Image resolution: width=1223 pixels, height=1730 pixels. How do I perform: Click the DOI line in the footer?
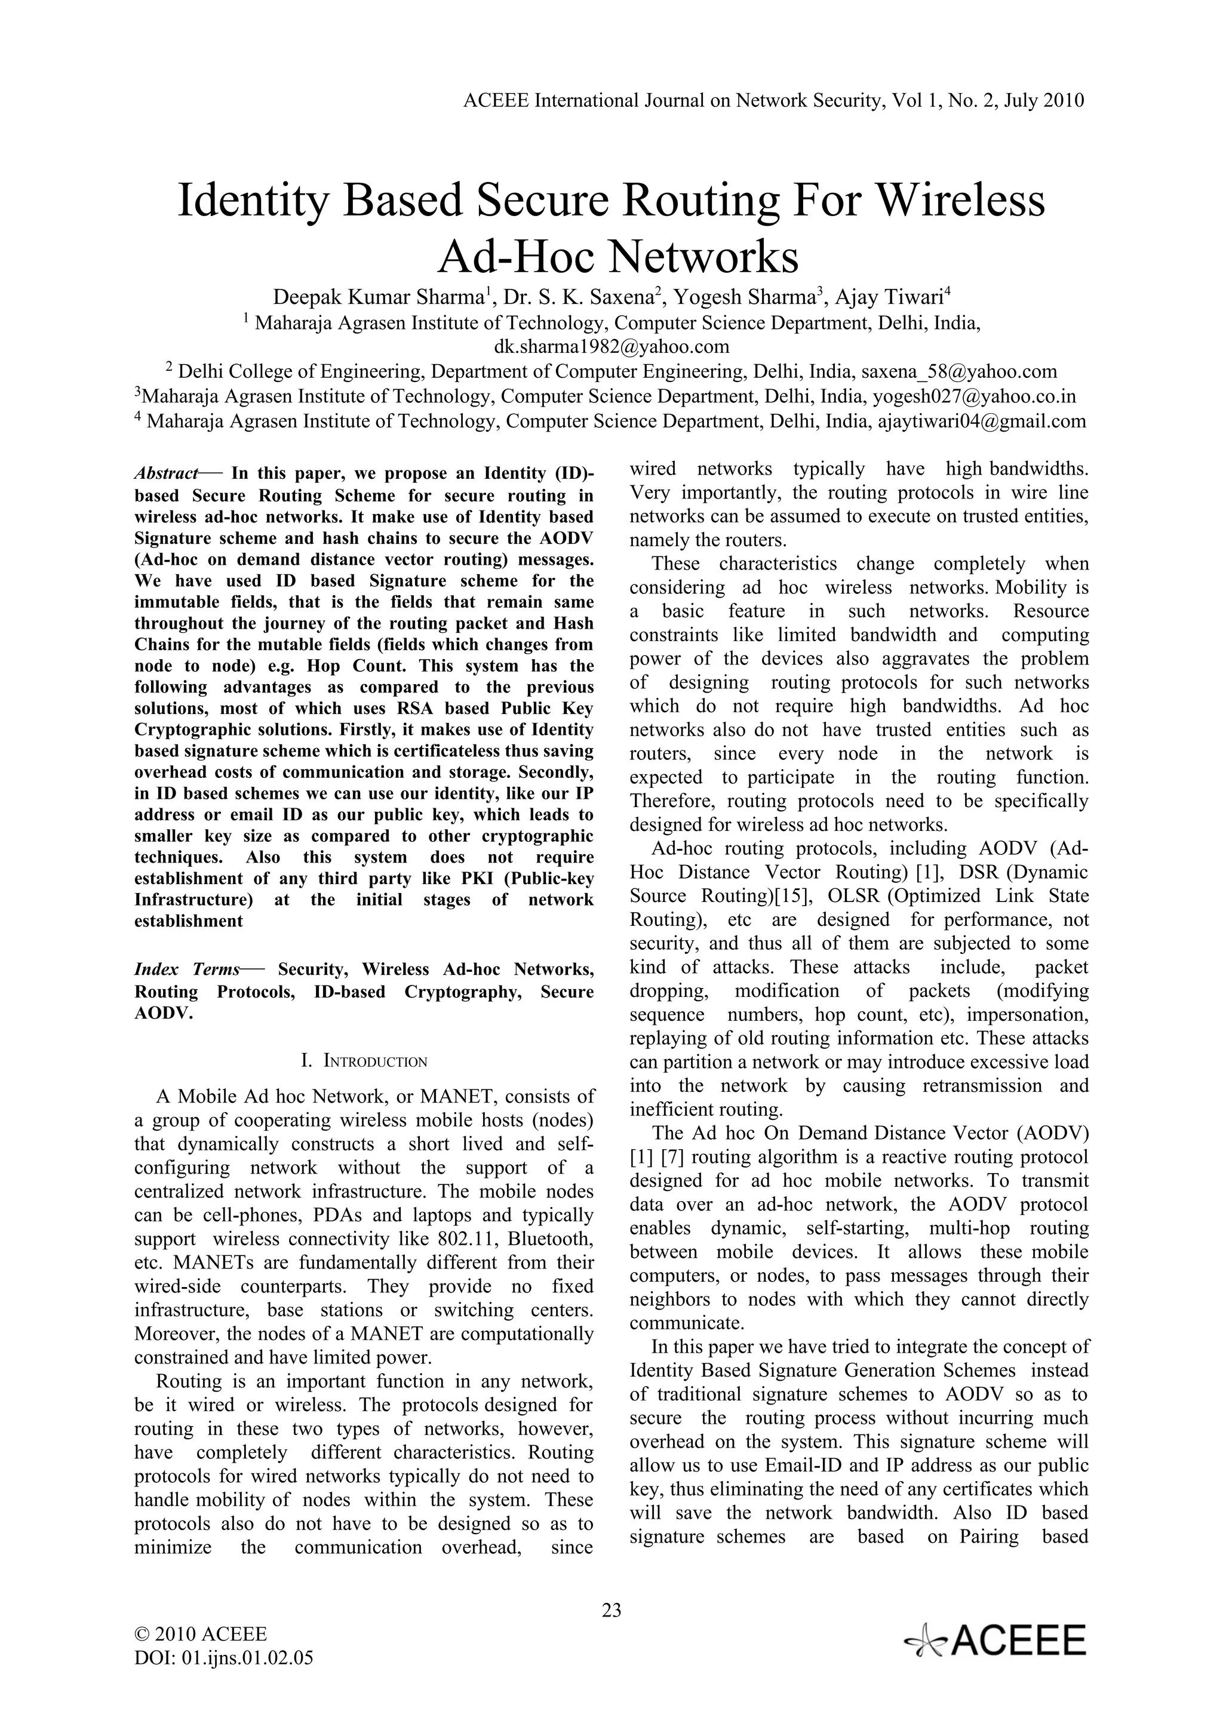coord(223,1658)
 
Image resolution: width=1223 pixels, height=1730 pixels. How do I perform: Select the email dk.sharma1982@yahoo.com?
coord(611,347)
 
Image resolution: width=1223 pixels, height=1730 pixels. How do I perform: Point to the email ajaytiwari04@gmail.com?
coord(982,420)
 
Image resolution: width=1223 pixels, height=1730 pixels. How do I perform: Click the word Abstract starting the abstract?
coord(166,473)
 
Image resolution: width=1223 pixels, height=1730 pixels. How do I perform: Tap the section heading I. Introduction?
coord(364,1061)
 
